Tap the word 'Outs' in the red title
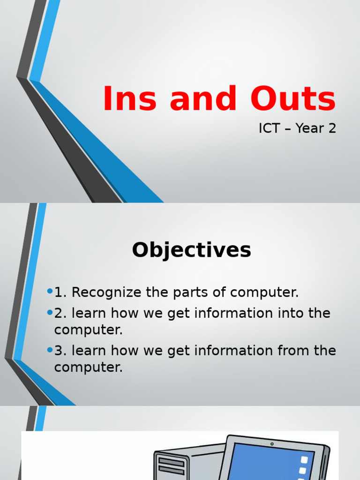293,99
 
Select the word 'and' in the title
203,99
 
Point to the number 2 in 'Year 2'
332,128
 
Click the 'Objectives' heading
191,250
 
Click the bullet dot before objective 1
50,292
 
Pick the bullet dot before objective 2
50,313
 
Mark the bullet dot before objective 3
50,350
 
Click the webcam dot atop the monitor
272,443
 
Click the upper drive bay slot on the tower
171,461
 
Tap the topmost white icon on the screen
305,460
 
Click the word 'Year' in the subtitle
310,128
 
